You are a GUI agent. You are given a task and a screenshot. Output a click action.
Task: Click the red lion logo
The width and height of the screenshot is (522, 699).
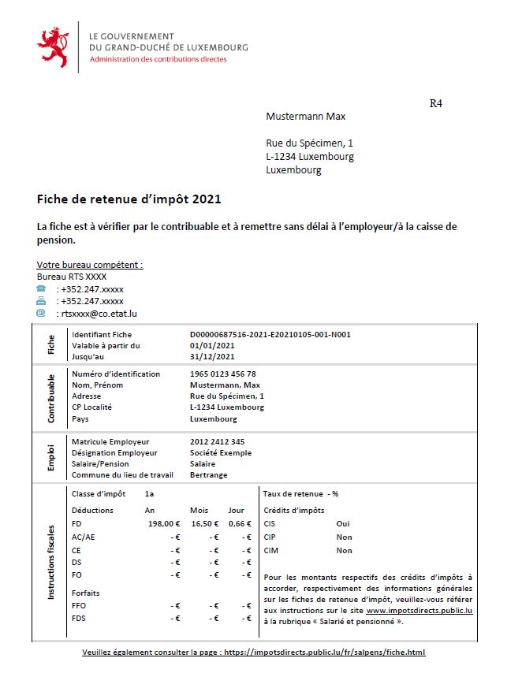click(53, 47)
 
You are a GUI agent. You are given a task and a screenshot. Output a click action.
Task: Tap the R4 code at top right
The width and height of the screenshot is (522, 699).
click(435, 103)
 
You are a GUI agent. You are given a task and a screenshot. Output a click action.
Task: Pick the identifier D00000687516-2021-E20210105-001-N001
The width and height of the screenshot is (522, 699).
click(270, 334)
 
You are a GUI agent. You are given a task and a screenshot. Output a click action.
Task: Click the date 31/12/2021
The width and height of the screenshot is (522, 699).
click(212, 356)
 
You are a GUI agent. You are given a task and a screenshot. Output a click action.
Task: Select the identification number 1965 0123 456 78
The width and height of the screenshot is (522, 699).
click(223, 374)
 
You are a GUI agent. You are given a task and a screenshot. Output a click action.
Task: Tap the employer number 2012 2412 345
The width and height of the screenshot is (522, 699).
click(218, 441)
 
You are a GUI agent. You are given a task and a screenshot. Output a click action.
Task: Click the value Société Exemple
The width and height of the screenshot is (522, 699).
click(221, 452)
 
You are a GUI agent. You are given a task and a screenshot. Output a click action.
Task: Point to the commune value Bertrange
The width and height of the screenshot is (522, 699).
click(209, 474)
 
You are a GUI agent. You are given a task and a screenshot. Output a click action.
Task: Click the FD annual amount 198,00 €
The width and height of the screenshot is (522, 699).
click(164, 523)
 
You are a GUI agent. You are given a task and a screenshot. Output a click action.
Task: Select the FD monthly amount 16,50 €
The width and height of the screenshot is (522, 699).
click(204, 523)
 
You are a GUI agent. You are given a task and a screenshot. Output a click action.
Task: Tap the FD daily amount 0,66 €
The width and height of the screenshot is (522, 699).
click(239, 523)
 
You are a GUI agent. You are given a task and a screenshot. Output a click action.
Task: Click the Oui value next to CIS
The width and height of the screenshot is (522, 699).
click(343, 523)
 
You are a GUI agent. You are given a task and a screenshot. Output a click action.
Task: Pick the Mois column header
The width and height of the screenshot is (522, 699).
click(199, 510)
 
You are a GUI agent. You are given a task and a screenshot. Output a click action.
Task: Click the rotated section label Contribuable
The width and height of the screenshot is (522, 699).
click(51, 399)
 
